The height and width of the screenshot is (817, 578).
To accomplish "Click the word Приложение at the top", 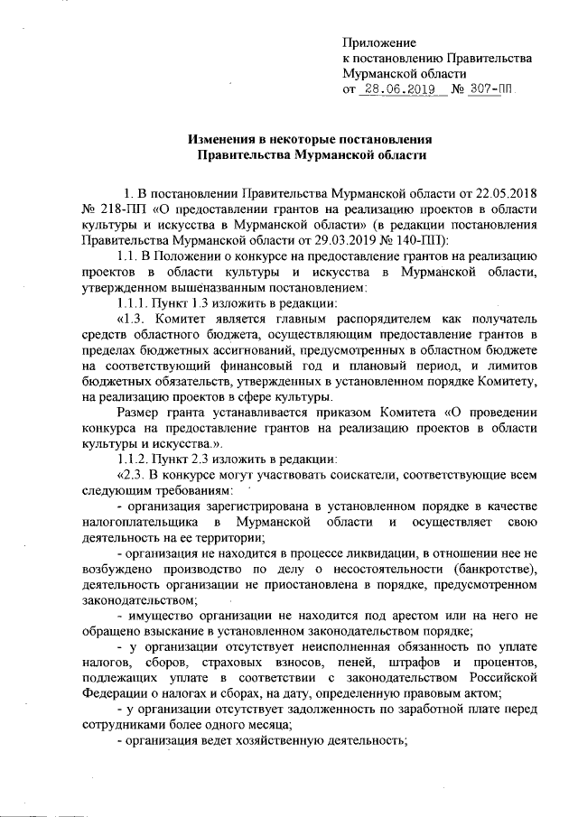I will [x=379, y=42].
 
